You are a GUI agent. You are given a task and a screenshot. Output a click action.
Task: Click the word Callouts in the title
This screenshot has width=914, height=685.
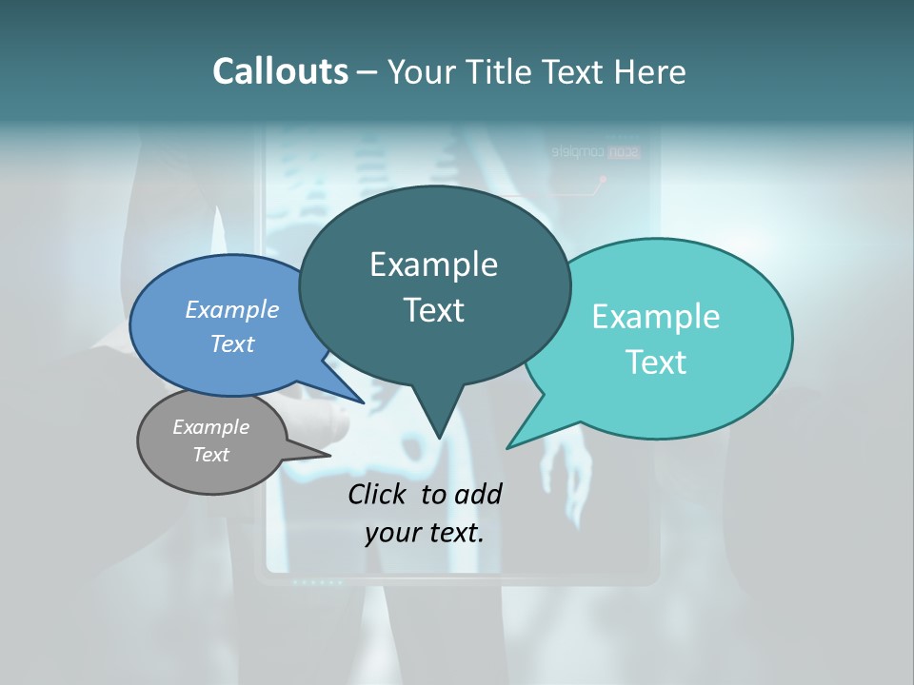click(280, 71)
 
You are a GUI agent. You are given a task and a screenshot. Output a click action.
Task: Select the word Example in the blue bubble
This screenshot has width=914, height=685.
click(232, 309)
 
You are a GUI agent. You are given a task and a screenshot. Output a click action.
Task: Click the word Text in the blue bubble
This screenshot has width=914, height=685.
click(232, 343)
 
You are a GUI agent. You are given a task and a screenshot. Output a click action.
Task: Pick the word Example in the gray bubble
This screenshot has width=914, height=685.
click(210, 427)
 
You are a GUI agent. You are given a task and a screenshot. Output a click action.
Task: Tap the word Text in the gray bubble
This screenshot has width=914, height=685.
click(210, 455)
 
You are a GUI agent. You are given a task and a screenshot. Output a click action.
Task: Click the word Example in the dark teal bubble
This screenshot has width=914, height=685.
click(433, 264)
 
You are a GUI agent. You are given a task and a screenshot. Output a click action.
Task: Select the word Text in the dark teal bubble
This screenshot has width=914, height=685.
click(433, 310)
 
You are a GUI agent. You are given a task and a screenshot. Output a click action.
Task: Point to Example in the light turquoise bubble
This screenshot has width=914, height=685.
click(656, 317)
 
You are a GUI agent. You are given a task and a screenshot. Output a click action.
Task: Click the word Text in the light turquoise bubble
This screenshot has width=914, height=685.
click(656, 362)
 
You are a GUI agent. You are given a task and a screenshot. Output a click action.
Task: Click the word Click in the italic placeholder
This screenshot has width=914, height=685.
click(380, 494)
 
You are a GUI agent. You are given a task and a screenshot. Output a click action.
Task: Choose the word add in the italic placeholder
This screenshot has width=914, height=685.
click(478, 494)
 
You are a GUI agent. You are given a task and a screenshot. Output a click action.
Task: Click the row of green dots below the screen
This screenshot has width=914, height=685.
click(317, 581)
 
